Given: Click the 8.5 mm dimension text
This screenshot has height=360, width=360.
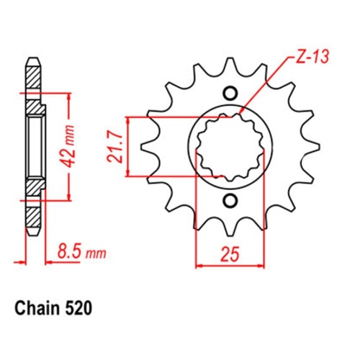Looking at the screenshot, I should click(79, 252).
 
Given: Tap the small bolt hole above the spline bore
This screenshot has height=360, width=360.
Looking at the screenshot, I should click(230, 93).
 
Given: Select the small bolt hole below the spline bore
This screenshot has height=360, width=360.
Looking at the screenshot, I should click(230, 201).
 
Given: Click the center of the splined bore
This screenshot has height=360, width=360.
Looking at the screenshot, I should click(230, 147).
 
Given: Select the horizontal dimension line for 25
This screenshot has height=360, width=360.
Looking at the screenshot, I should click(230, 264).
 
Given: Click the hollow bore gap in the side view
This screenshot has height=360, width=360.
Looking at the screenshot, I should click(32, 147).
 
